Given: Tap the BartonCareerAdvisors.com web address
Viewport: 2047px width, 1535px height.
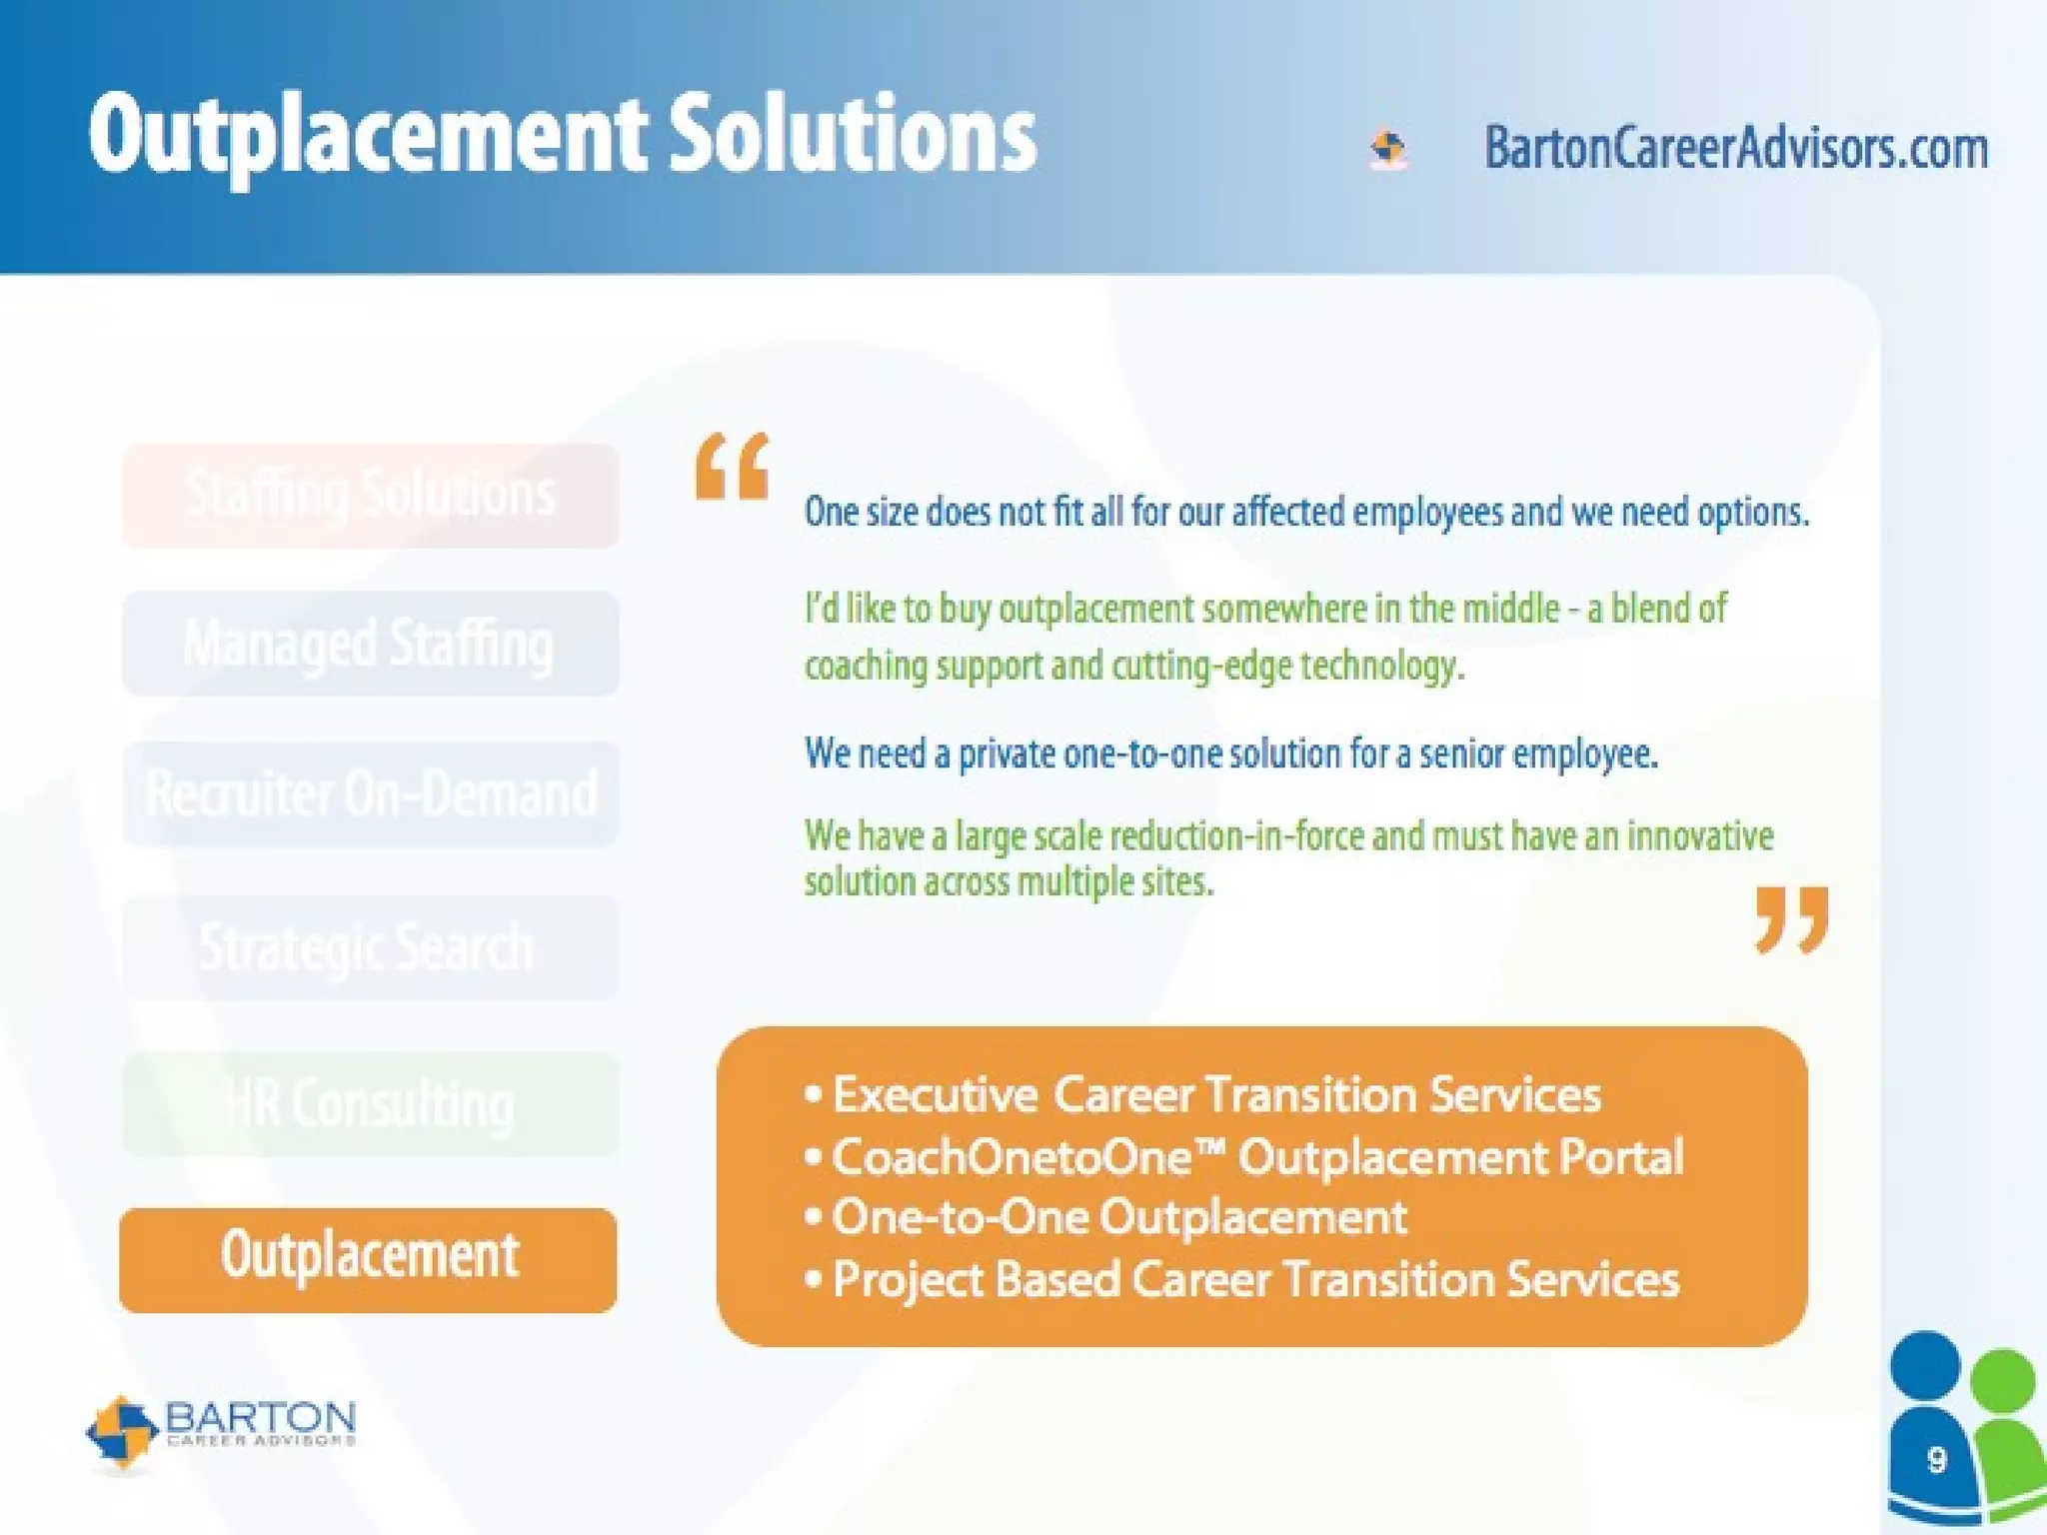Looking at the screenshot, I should (1736, 148).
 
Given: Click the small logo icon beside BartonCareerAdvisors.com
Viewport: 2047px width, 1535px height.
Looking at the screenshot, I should (1388, 150).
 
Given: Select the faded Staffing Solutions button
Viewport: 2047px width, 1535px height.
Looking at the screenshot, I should (370, 496).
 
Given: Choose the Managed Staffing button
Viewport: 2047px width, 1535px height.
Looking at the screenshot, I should (370, 644).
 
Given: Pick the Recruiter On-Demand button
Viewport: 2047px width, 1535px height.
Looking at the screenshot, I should (370, 794).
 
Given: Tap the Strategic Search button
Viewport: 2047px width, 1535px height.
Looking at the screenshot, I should (370, 947).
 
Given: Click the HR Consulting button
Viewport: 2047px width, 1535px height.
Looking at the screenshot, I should (370, 1104).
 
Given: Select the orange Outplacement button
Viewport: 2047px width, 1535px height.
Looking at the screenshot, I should (368, 1259).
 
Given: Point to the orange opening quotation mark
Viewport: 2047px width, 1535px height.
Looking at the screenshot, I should (733, 466).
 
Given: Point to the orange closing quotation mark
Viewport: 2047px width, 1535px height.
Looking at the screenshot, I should (1792, 919).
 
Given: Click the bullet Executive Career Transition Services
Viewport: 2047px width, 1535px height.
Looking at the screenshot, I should (1215, 1095).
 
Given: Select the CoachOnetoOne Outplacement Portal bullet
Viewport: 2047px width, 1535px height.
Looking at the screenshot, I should (1257, 1157).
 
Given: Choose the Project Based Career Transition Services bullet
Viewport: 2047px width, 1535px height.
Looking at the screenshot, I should (1255, 1280).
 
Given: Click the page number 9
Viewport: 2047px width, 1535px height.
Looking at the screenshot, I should (1936, 1460).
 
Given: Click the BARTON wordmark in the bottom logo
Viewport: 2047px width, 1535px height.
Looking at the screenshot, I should (260, 1417).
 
